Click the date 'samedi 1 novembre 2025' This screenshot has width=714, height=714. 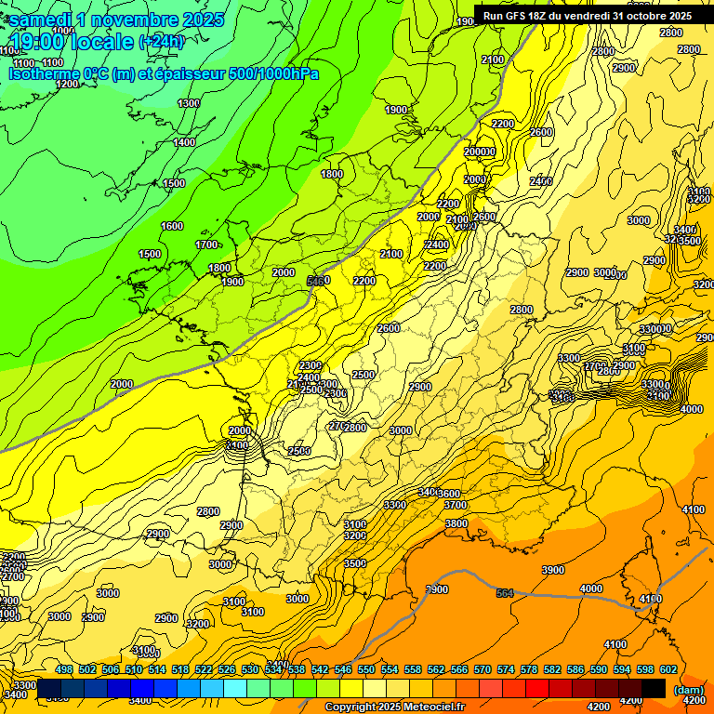116,20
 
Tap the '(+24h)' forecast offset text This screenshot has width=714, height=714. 161,41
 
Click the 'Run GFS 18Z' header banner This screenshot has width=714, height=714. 587,15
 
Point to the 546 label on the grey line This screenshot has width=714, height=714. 317,280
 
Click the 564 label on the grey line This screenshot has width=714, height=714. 505,592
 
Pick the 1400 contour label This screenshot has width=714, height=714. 184,142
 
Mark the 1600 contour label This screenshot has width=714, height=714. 172,226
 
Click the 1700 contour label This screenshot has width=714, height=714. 206,245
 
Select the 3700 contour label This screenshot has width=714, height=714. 456,505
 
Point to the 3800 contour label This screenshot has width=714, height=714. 456,523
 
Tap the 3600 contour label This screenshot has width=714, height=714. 450,493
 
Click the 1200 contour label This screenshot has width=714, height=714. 67,84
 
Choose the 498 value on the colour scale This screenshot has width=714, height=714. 64,670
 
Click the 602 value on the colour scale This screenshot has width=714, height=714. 668,670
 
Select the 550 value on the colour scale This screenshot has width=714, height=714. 365,670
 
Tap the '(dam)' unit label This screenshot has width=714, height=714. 688,689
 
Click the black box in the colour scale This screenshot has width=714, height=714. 654,688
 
